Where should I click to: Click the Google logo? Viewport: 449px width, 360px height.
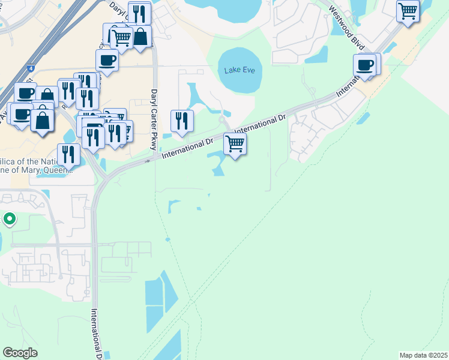coord(20,353)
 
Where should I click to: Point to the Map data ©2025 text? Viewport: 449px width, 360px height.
coord(423,355)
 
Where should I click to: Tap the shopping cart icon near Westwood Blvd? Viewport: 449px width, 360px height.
coord(408,10)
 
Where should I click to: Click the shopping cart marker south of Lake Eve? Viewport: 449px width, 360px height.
coord(235,143)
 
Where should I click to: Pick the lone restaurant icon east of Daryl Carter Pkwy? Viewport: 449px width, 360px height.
coord(181,119)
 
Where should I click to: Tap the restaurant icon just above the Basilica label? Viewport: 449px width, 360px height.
coord(69,154)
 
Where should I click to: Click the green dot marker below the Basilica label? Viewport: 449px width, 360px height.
coord(9,220)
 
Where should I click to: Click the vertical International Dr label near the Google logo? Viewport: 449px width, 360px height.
coord(95,333)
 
